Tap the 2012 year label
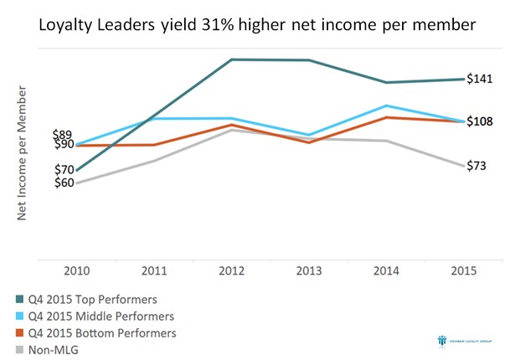point(232,272)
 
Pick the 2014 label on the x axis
point(387,272)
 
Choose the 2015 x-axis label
point(464,272)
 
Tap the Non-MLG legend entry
point(53,349)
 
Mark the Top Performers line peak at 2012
point(232,59)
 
